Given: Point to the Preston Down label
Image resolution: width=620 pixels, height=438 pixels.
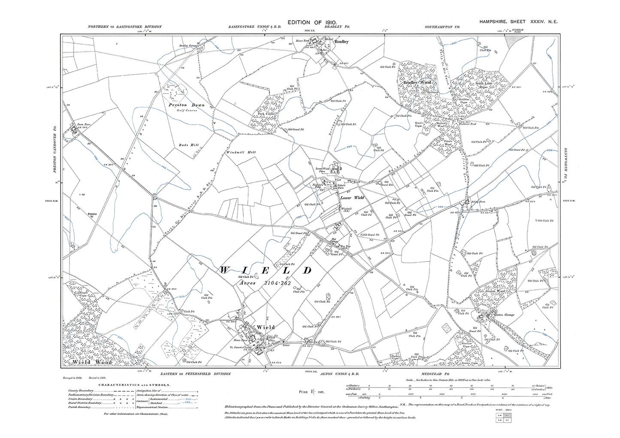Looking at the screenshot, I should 187,105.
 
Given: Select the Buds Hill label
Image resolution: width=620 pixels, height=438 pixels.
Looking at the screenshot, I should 188,145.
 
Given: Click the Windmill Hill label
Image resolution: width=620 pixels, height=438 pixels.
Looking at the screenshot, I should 238,153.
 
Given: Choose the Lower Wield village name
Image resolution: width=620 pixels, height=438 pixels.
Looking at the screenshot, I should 352,198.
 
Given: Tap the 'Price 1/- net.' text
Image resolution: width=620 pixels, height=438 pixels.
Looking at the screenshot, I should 312,392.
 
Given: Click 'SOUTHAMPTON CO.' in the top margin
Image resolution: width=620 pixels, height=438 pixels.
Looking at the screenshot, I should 442,27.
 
